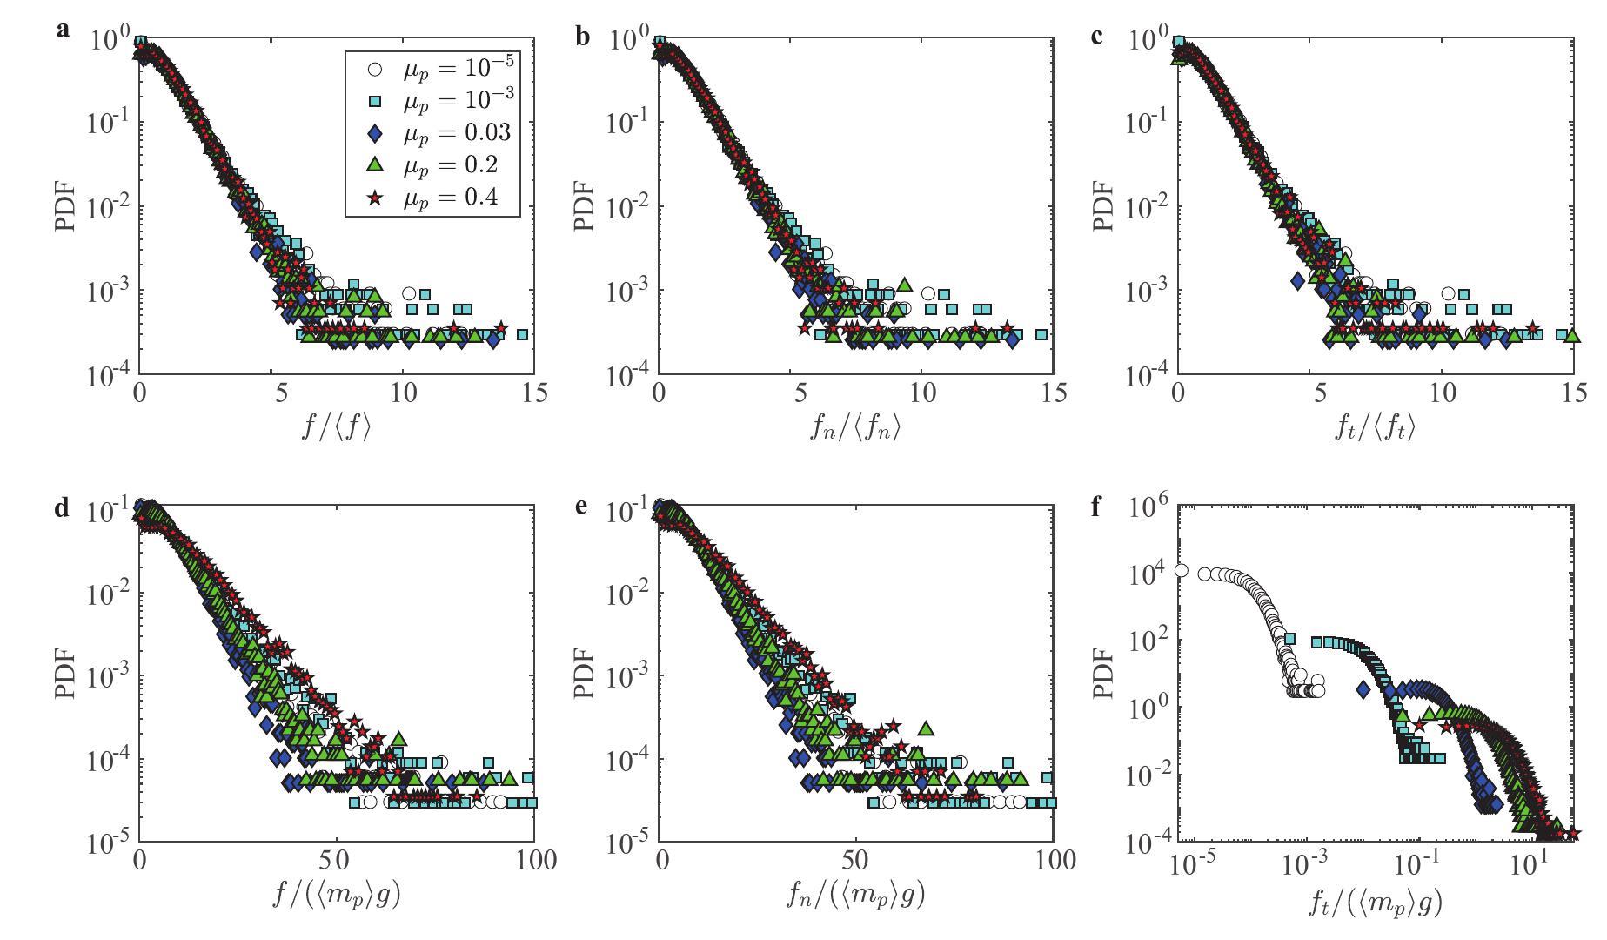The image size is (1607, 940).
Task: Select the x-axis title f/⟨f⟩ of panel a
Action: pyautogui.click(x=336, y=428)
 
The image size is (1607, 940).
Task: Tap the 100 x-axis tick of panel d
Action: pyautogui.click(x=534, y=862)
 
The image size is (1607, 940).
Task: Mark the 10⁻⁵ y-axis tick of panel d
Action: pyautogui.click(x=108, y=843)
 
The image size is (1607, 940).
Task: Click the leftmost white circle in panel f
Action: pyautogui.click(x=1182, y=570)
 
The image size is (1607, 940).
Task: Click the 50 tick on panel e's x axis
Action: pyautogui.click(x=857, y=862)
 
